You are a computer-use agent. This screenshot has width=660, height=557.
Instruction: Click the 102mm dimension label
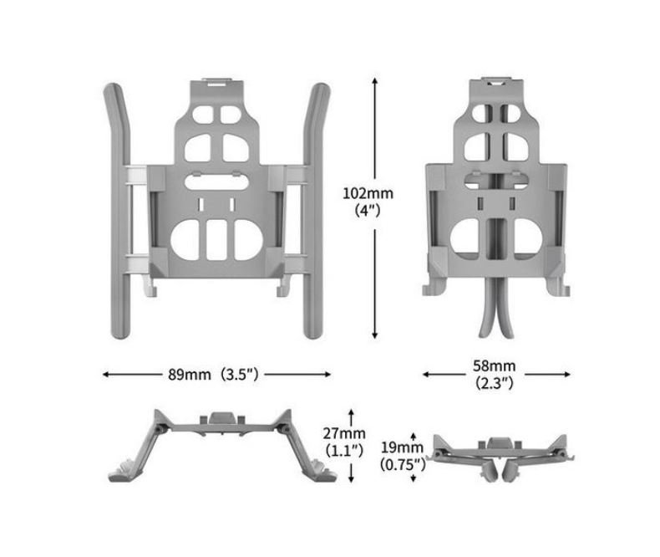coord(368,193)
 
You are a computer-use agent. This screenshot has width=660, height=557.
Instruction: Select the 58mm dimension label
coord(494,365)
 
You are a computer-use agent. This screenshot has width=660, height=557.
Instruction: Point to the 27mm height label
coord(344,433)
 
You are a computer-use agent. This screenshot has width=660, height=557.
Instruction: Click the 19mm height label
coord(402,447)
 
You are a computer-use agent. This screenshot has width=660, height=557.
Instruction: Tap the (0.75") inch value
coord(403,464)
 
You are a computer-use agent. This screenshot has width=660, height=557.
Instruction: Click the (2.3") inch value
coord(494,383)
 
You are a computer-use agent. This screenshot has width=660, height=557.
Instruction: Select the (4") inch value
coord(368,210)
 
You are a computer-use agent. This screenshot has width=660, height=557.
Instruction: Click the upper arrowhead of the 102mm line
coord(374,80)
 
